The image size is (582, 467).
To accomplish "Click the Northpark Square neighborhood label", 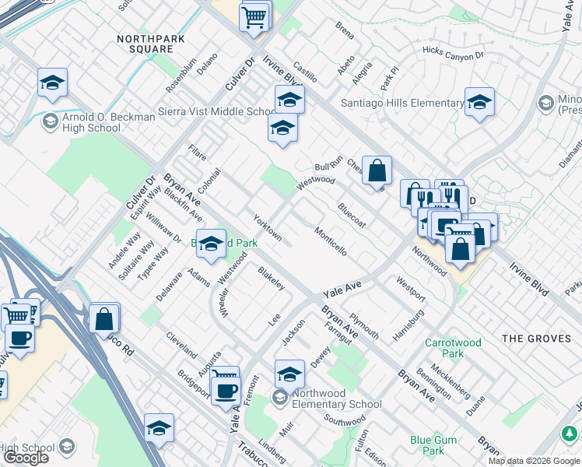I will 145,43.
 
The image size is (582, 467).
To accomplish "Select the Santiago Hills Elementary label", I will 402,103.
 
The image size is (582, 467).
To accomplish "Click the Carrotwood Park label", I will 454,348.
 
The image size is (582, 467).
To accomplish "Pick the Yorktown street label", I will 267,225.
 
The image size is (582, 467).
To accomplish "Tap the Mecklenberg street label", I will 453,381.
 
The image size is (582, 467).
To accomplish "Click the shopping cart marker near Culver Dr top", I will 255,15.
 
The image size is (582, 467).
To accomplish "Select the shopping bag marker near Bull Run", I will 377,170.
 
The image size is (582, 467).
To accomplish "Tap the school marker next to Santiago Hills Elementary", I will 479,102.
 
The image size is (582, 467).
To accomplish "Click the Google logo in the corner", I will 26,458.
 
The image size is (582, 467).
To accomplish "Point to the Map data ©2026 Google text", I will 534,461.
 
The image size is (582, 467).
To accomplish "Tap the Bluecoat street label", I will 352,215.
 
